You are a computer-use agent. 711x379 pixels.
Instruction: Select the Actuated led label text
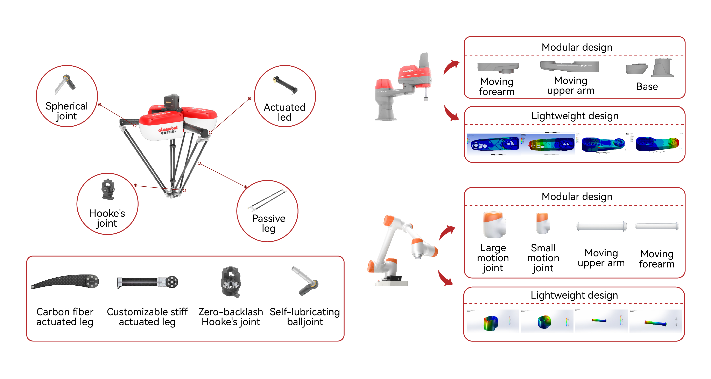284,112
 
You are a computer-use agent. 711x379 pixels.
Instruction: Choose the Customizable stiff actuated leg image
147,282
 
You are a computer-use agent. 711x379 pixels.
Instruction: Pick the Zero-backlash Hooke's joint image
231,282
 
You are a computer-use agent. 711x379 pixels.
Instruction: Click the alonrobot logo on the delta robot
168,129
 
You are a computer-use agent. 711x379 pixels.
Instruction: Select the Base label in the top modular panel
647,87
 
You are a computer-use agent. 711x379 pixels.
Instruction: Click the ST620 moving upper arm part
570,67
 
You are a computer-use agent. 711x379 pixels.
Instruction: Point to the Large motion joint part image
494,225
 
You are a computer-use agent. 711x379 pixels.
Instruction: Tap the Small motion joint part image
543,223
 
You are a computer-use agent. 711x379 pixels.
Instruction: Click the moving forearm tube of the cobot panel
657,226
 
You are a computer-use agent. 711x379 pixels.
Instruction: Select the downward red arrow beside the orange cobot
445,278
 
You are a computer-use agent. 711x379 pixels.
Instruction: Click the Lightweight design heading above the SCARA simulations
575,115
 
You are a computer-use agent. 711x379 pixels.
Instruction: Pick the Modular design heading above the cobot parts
577,197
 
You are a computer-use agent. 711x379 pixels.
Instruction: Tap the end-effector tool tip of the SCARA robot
426,98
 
